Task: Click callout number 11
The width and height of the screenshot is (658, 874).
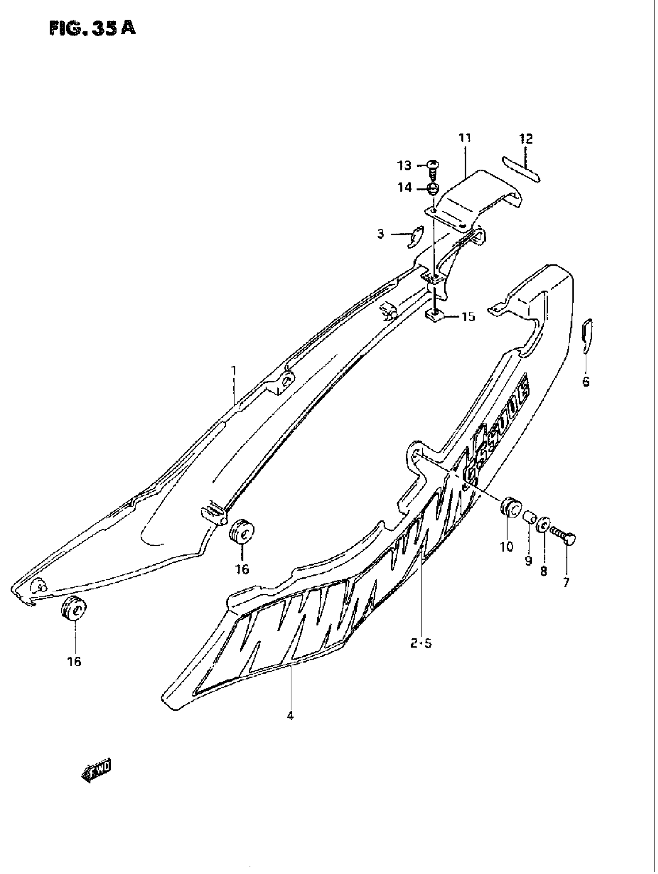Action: [465, 138]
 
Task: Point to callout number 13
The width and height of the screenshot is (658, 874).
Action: [404, 166]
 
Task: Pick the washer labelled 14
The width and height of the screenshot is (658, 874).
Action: [434, 189]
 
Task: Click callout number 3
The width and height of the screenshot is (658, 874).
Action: [380, 234]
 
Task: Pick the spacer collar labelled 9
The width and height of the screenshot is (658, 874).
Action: [529, 516]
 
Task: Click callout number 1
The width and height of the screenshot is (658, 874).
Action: [233, 371]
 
